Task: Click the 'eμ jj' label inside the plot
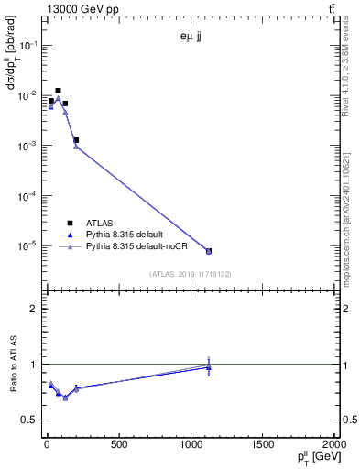coord(190,38)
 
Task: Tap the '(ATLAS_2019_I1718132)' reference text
coord(190,273)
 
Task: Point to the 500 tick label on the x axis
coord(118,445)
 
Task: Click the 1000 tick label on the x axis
coord(191,445)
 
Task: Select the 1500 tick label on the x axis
coord(263,445)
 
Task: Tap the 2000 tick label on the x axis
coord(333,445)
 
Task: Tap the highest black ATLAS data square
coord(59,91)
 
